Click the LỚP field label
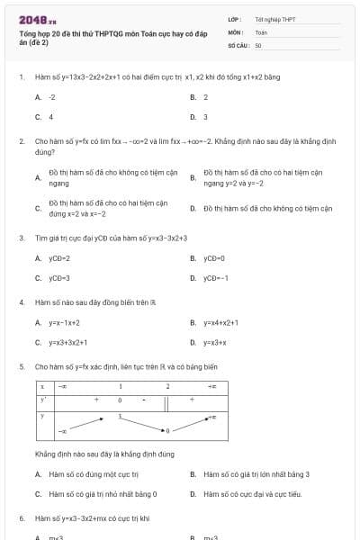pos(234,19)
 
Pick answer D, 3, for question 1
pos(205,116)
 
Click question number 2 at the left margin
pos(21,141)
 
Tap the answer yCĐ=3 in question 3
pos(59,278)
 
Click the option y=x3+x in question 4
pos(214,342)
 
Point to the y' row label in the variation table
pos(42,399)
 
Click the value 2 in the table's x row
pos(166,386)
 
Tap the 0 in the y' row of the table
pos(119,399)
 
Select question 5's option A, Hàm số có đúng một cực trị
pos(94,473)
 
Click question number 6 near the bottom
pos(21,519)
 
